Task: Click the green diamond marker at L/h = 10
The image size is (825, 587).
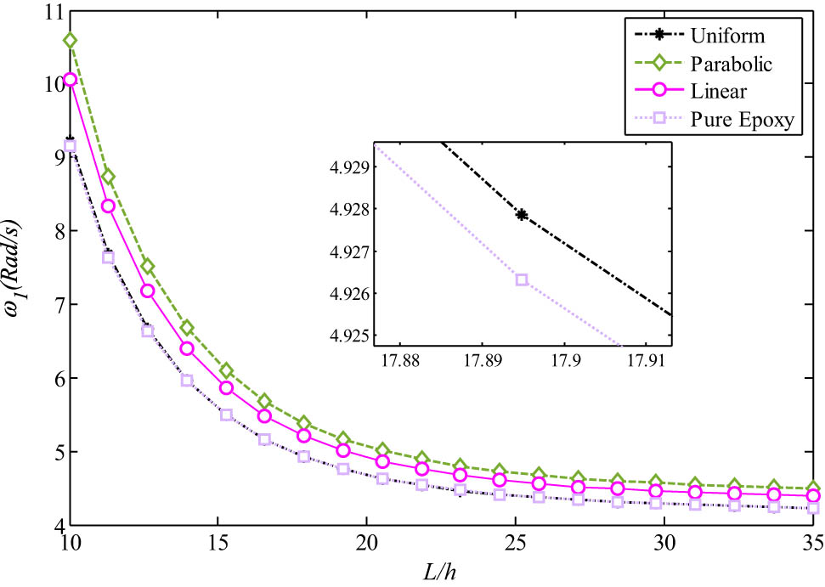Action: [x=70, y=40]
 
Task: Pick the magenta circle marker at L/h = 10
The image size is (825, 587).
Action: [x=70, y=79]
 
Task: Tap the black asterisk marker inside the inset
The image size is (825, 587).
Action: [x=522, y=215]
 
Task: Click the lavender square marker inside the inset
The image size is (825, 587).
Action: [x=522, y=279]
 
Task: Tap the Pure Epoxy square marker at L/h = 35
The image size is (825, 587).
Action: [x=812, y=508]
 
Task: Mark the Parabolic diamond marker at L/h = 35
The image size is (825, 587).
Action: [x=812, y=488]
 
